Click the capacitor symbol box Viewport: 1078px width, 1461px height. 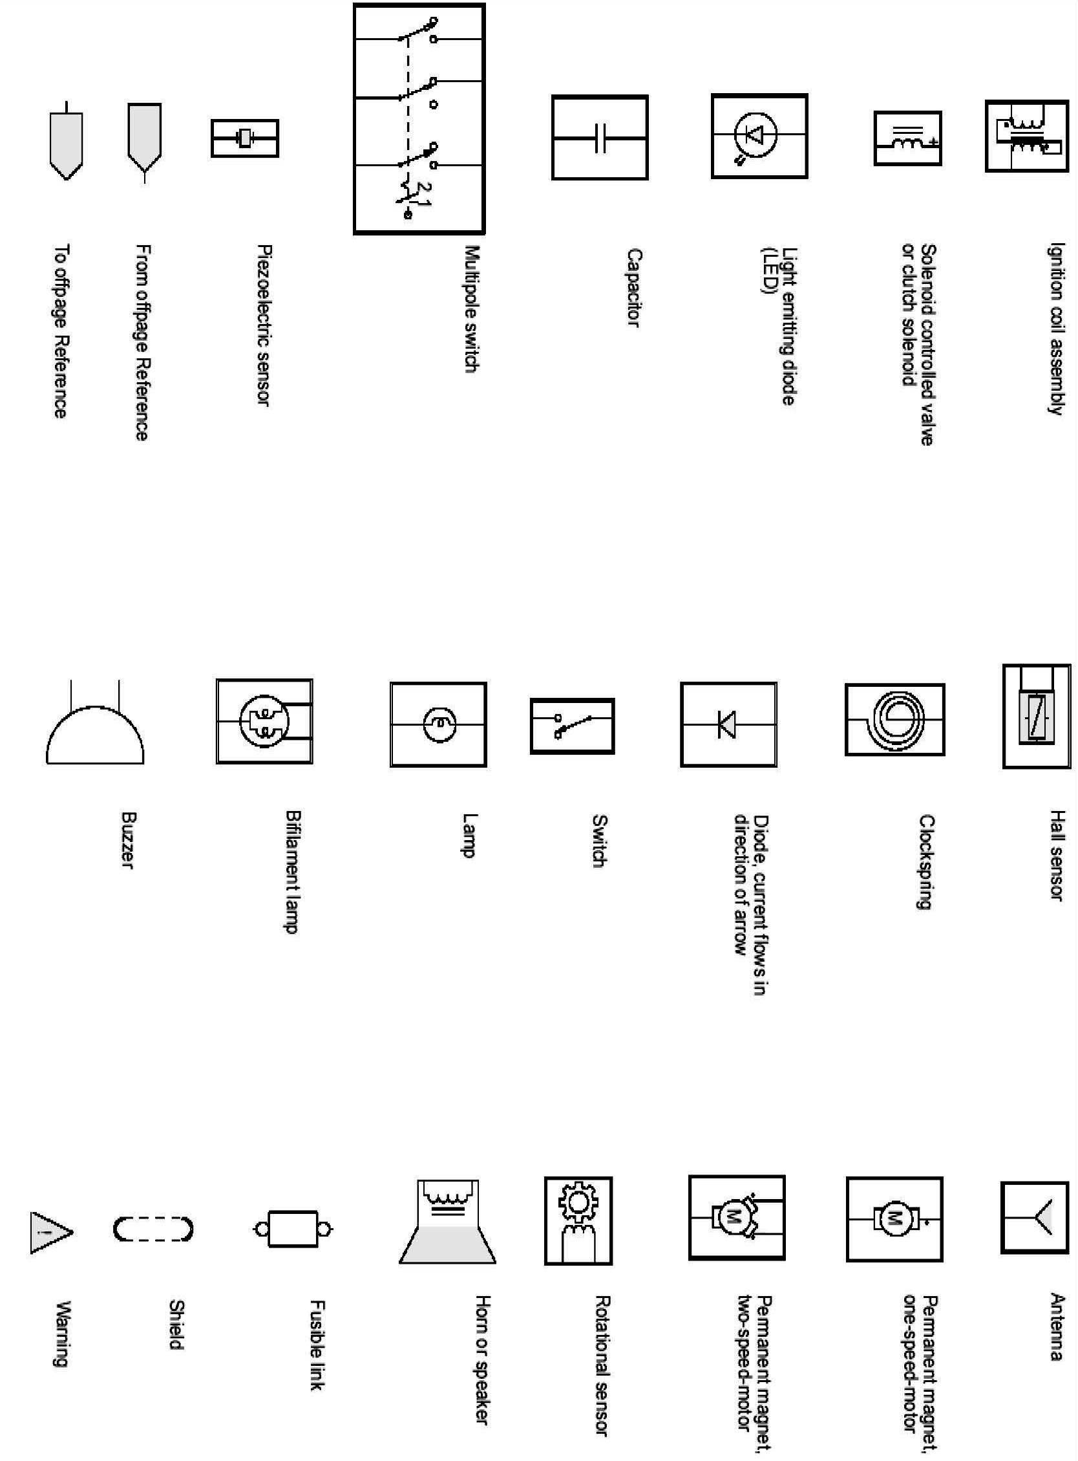600,138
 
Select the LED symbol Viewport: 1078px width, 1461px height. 759,136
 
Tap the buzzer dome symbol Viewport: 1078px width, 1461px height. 94,734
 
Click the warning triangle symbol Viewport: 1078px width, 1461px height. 50,1233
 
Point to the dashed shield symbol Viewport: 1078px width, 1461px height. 153,1230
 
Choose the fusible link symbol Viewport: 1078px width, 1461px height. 293,1230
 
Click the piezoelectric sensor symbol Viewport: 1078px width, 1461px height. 245,138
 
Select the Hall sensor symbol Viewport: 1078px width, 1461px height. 1036,716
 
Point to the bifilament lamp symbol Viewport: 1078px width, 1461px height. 264,720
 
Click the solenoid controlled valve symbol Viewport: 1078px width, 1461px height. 907,138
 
